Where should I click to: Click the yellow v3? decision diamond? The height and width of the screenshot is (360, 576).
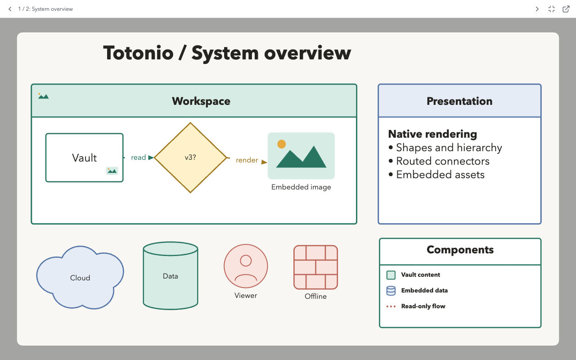coord(190,157)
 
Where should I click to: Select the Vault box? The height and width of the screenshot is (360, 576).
coord(84,157)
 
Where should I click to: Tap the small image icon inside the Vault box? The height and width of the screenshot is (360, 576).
coord(112,171)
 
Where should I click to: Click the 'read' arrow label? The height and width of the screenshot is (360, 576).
coord(138,157)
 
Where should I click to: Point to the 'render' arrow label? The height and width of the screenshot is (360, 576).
coord(247,160)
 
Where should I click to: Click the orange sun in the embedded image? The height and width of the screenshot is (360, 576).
coord(282,144)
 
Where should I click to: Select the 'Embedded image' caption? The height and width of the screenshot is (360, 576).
coord(301,187)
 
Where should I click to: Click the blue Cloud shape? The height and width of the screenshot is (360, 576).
coord(80,278)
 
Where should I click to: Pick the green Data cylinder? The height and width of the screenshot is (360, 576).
coord(171,276)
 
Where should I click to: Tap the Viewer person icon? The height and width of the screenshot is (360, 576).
coord(246,266)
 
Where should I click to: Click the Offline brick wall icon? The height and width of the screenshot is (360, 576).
coord(316,267)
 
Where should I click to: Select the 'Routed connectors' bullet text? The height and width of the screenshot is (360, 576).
coord(443,161)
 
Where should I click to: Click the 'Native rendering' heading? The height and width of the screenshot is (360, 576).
coord(432,134)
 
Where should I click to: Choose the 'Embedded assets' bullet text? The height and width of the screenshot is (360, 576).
coord(440,175)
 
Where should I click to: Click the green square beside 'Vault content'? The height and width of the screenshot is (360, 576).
coord(391,275)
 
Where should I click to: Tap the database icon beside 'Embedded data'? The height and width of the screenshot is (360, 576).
coord(391,291)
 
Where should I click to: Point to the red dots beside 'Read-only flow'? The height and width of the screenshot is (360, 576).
coord(391,306)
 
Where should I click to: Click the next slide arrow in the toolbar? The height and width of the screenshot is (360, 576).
coord(537,9)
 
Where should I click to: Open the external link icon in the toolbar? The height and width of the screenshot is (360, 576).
coord(566,9)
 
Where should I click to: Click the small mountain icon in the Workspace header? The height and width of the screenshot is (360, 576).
coord(43,96)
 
